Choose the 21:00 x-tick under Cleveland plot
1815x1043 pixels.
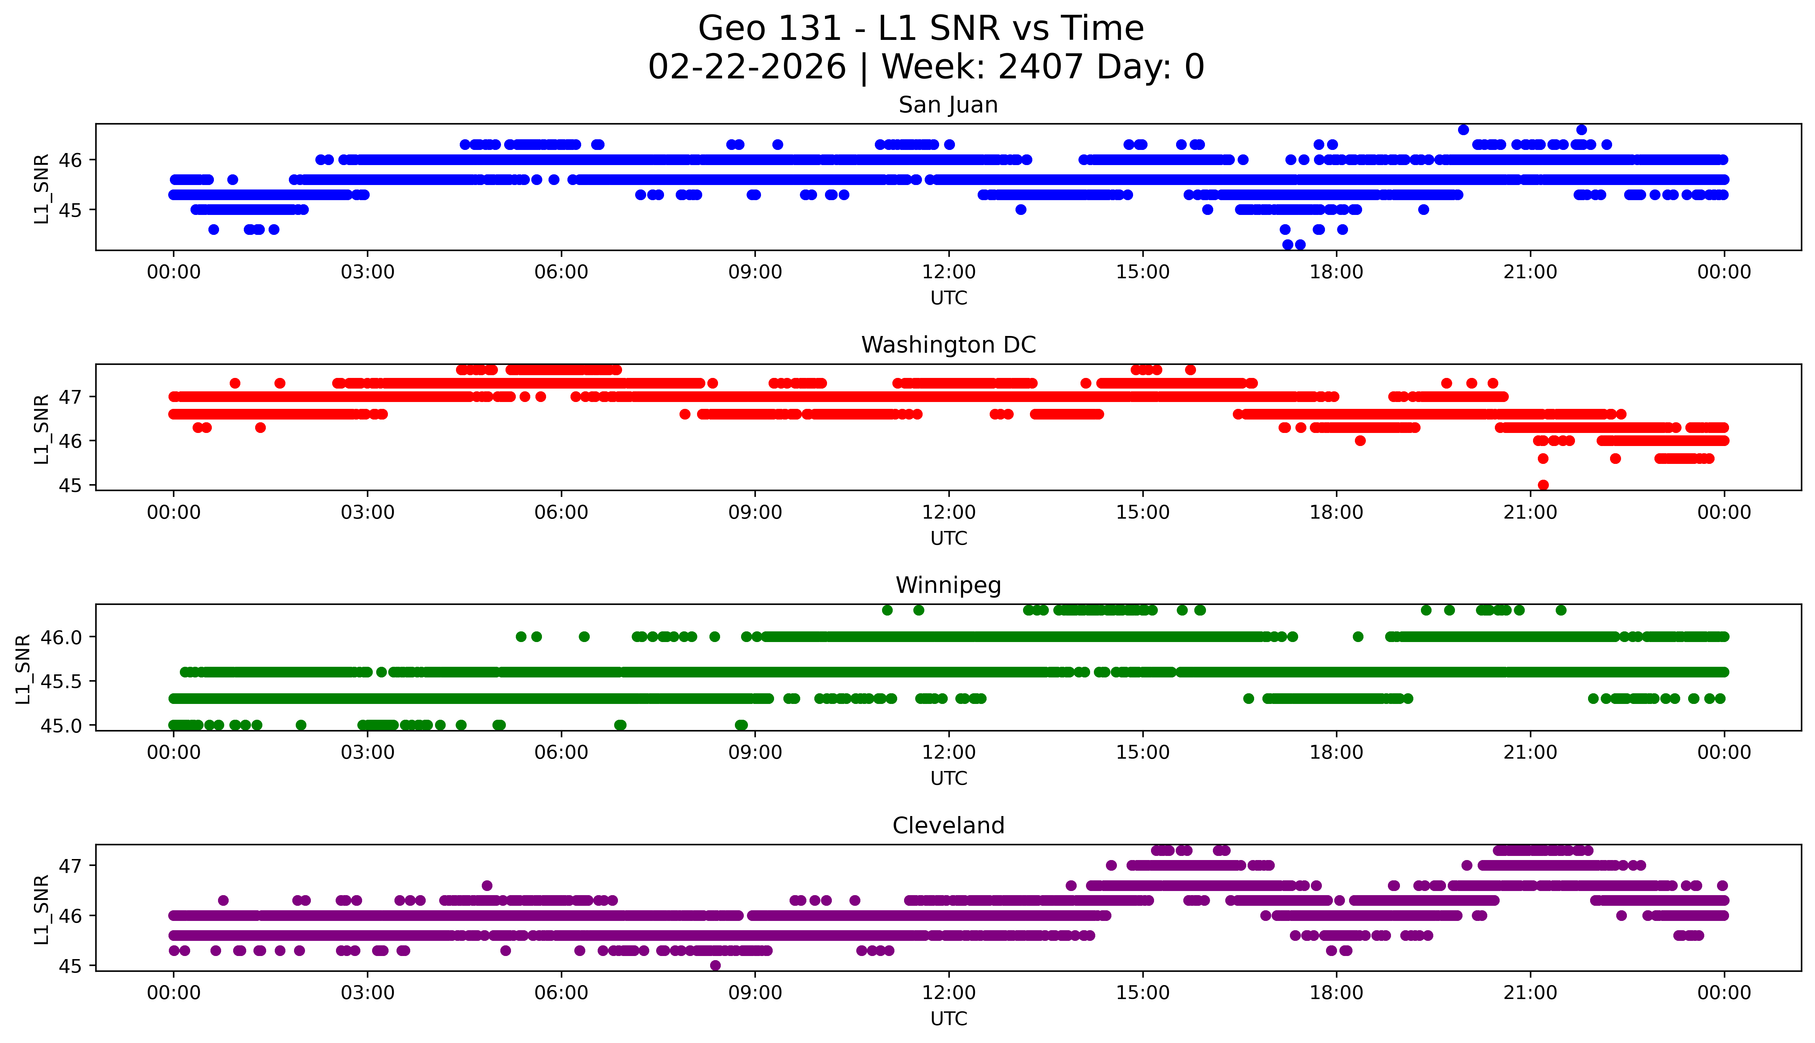1530,993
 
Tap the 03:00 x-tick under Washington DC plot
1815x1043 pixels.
368,512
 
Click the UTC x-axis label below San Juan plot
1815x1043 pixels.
948,298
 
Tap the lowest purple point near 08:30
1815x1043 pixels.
715,966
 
